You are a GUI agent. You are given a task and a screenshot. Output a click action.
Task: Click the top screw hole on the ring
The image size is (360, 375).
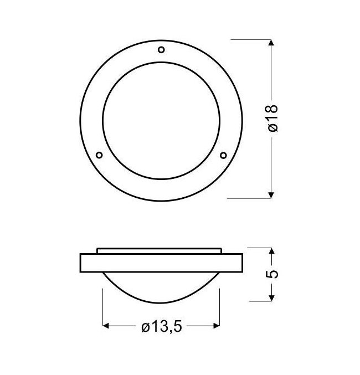coord(162,50)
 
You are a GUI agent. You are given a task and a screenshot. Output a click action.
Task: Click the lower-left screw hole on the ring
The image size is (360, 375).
coord(99,155)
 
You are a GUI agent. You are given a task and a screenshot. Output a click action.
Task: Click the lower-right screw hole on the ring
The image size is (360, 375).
coord(223,156)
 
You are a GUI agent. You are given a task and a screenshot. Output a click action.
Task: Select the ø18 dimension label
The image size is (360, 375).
coord(273,118)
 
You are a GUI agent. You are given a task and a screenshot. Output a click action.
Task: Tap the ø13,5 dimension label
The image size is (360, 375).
coord(162,327)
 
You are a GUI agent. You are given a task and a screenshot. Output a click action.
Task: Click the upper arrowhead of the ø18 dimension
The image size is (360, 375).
coord(271,43)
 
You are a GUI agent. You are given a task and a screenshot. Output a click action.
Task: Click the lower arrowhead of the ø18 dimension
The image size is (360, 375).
coord(271,195)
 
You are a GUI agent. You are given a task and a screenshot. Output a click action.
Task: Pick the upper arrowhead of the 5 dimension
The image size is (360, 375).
coord(271,251)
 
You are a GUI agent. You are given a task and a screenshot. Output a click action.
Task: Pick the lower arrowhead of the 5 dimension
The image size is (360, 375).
coord(271,298)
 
